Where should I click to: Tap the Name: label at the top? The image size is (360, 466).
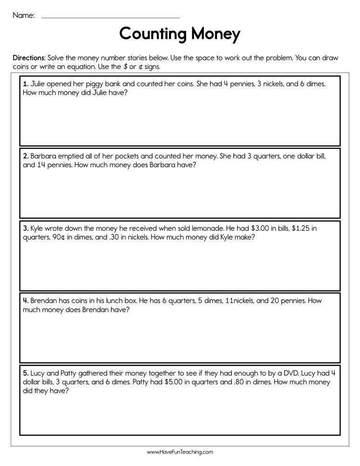click(x=23, y=15)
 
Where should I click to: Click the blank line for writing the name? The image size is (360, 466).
click(x=110, y=17)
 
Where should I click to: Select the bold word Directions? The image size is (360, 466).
click(x=29, y=58)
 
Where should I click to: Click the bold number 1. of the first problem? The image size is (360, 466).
click(x=26, y=84)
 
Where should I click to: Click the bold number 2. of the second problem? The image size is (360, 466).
click(x=26, y=156)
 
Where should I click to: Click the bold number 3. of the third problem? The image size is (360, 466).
click(x=26, y=228)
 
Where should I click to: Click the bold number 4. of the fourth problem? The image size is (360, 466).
click(x=26, y=301)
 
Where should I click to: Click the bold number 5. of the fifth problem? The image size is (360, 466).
click(x=26, y=373)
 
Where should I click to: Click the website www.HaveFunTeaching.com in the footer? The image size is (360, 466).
click(x=180, y=452)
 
